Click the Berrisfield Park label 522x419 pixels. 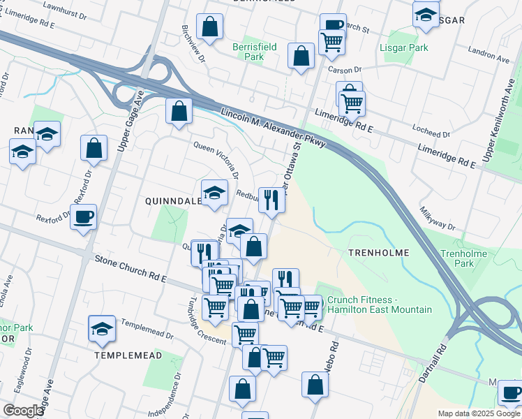[255, 52]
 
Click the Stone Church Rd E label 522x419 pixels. [132, 270]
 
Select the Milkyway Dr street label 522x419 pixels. [438, 219]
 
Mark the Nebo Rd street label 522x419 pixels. [335, 358]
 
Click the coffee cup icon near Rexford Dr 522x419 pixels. [83, 216]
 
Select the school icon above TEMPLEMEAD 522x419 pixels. [102, 328]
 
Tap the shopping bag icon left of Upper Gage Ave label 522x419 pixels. [94, 148]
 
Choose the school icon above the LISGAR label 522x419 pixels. [426, 13]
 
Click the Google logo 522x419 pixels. [23, 411]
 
